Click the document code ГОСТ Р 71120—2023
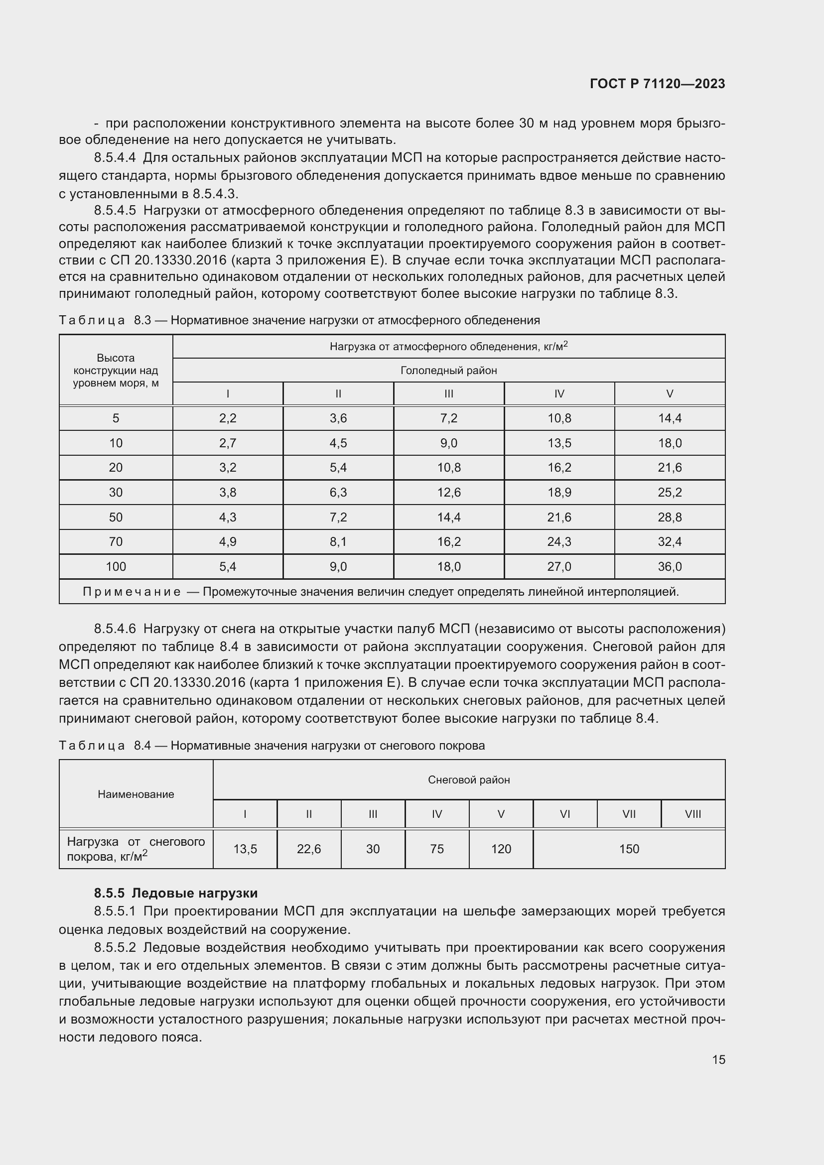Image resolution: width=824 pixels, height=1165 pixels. (657, 84)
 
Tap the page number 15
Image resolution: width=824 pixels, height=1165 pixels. (718, 1059)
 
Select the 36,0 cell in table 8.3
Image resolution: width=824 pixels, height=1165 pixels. (669, 567)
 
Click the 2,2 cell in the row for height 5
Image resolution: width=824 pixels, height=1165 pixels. (228, 418)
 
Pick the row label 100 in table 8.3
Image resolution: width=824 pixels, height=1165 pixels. (116, 567)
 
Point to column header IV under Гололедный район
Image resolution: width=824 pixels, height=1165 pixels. (559, 394)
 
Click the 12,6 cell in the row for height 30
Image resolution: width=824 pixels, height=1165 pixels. (449, 493)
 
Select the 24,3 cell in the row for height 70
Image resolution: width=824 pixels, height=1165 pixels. (559, 542)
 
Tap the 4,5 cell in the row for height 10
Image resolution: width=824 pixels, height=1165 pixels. (338, 443)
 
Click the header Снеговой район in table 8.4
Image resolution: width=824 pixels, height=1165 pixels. (469, 780)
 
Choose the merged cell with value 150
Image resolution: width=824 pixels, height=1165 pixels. (629, 849)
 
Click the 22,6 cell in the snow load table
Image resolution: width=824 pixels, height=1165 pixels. (309, 849)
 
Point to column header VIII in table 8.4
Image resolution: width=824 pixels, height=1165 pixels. (692, 814)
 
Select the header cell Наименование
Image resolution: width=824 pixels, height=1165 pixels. (136, 794)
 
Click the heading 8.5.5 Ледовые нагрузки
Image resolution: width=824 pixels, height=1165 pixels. (175, 893)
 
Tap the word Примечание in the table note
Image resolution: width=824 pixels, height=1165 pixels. (132, 592)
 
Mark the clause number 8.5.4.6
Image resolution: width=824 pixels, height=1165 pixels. (115, 629)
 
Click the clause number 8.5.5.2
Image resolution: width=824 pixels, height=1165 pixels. (115, 948)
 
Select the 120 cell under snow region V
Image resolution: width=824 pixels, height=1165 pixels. (501, 849)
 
